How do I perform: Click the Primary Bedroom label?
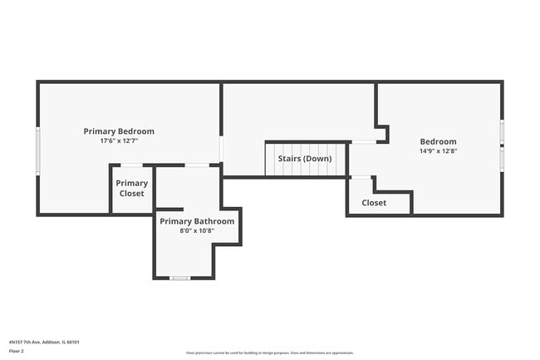point(119,131)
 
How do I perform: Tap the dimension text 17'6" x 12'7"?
point(119,141)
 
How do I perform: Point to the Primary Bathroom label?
point(197,221)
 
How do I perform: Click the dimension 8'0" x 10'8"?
point(197,231)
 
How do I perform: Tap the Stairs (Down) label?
point(305,158)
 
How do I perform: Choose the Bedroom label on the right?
point(438,141)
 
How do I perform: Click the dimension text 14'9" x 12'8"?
point(438,151)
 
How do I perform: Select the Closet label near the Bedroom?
point(374,202)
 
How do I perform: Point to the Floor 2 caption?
point(17,351)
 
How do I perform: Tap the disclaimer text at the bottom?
point(270,353)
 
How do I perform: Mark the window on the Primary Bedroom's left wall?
point(37,150)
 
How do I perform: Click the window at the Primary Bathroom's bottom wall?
point(180,278)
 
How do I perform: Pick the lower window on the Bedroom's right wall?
point(502,158)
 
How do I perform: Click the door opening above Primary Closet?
point(131,165)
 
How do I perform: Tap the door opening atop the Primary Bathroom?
point(197,165)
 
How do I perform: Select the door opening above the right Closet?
point(361,176)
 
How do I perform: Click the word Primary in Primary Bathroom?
point(176,221)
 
